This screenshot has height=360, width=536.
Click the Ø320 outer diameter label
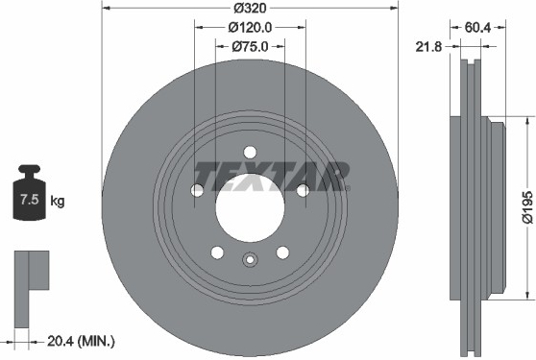[250, 8]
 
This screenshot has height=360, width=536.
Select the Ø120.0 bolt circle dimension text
[250, 27]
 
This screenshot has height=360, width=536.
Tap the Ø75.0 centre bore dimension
[250, 46]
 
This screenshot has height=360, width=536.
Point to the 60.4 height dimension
[477, 27]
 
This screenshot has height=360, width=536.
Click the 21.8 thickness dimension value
[428, 46]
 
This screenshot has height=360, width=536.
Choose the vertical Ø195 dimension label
[527, 207]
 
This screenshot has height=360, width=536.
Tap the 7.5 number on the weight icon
[30, 199]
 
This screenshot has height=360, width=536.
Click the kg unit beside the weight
[57, 201]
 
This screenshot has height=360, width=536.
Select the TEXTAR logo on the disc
[272, 177]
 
